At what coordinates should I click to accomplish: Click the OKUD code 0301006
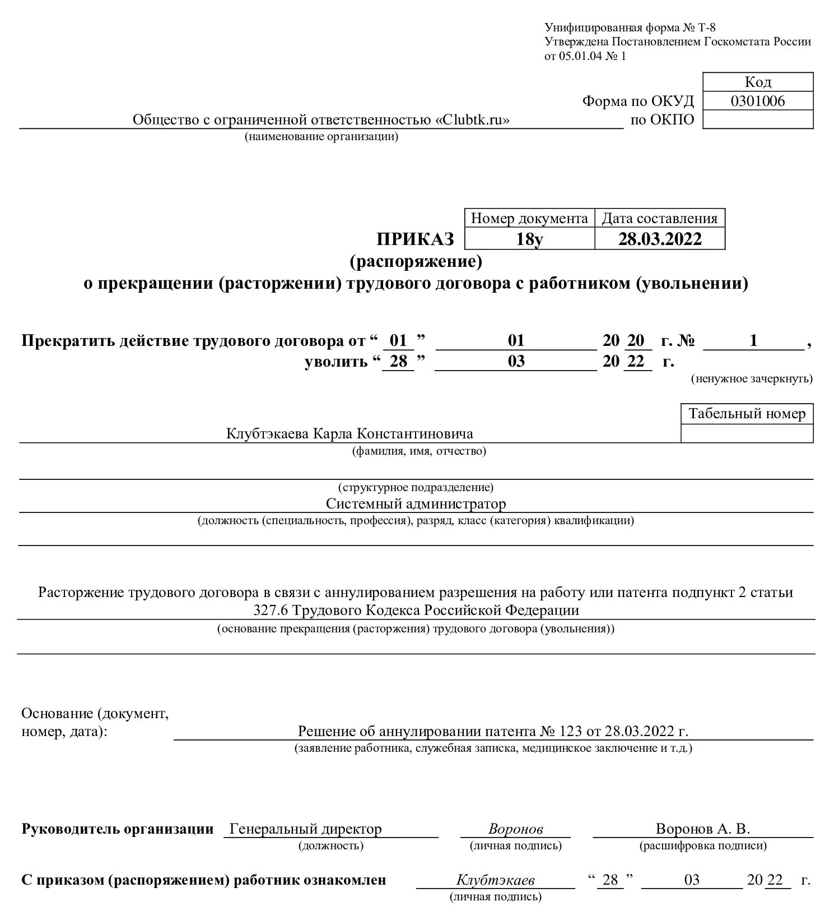point(757,101)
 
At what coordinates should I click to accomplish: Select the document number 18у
point(529,239)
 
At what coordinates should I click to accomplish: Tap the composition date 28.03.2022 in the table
point(659,239)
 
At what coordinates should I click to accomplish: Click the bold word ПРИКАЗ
point(415,239)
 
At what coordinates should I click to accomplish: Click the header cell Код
point(757,82)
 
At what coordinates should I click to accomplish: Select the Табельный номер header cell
point(747,414)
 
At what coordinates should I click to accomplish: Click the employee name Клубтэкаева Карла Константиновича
point(350,433)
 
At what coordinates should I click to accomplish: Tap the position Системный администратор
point(416,503)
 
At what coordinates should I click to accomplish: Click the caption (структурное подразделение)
point(416,487)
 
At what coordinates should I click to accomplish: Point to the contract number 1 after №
point(753,340)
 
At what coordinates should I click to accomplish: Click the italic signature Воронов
point(515,829)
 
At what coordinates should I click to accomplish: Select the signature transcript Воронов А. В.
point(702,829)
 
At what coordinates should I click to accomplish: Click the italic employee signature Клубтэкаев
point(495,880)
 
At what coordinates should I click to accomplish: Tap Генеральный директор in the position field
point(306,829)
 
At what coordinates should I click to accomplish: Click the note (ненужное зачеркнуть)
point(751,378)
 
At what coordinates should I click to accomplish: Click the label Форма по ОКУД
point(637,101)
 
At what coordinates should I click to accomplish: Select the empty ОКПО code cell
point(757,119)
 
